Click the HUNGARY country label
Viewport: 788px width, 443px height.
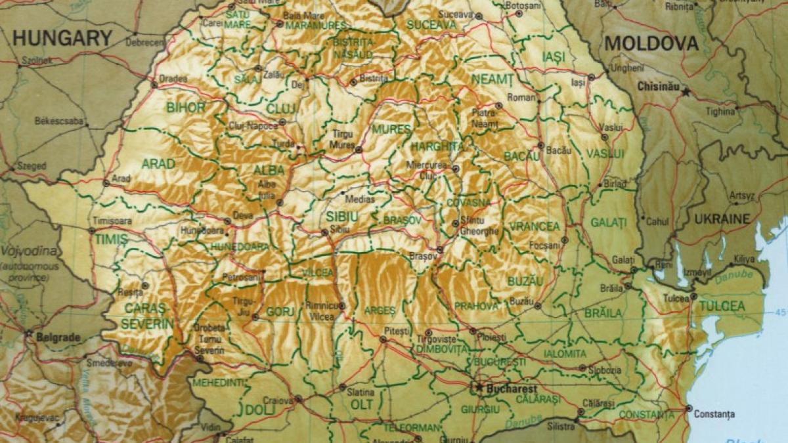pyautogui.click(x=62, y=37)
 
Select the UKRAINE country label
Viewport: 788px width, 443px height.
pyautogui.click(x=722, y=219)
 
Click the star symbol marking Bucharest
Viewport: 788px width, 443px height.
pyautogui.click(x=479, y=388)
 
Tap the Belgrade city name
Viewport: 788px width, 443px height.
pyautogui.click(x=58, y=337)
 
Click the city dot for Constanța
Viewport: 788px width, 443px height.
pyautogui.click(x=688, y=408)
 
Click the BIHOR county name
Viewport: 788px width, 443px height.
pyautogui.click(x=186, y=108)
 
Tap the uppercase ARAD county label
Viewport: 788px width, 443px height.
pyautogui.click(x=158, y=163)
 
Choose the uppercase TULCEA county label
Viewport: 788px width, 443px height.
pyautogui.click(x=722, y=306)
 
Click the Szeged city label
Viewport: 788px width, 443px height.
pyautogui.click(x=32, y=166)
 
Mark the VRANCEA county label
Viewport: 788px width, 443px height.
pyautogui.click(x=534, y=226)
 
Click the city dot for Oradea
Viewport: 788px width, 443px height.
pyautogui.click(x=154, y=85)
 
